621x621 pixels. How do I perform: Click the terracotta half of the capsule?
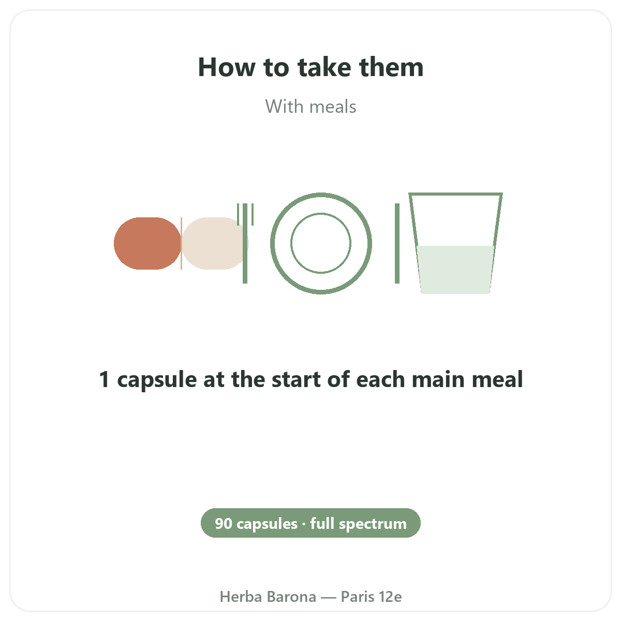pyautogui.click(x=147, y=243)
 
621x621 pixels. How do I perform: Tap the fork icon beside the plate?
pyautogui.click(x=245, y=243)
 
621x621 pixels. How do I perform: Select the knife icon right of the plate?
pyautogui.click(x=397, y=243)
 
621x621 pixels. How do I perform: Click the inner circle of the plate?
pyautogui.click(x=321, y=214)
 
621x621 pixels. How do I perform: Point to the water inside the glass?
pyautogui.click(x=455, y=270)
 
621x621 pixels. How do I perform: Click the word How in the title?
pyautogui.click(x=227, y=67)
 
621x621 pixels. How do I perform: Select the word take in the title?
pyautogui.click(x=324, y=67)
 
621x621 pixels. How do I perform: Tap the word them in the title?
pyautogui.click(x=391, y=67)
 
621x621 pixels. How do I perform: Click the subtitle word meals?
pyautogui.click(x=333, y=107)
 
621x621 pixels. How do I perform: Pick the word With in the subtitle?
pyautogui.click(x=285, y=107)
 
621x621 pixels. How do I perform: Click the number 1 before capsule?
pyautogui.click(x=104, y=379)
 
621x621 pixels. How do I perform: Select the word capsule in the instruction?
pyautogui.click(x=157, y=380)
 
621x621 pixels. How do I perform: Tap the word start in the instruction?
pyautogui.click(x=296, y=379)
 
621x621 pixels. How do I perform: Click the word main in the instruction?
pyautogui.click(x=439, y=379)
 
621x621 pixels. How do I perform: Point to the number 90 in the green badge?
pyautogui.click(x=224, y=524)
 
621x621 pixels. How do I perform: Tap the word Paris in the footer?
pyautogui.click(x=357, y=597)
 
